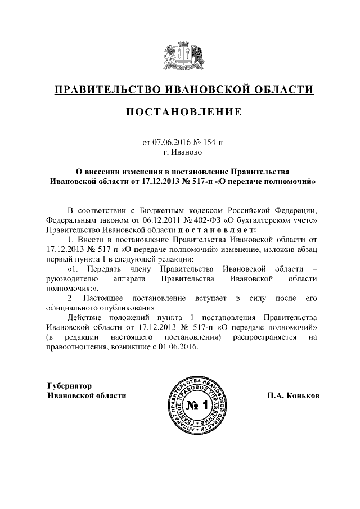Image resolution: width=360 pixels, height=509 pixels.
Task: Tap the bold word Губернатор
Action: [x=68, y=385]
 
